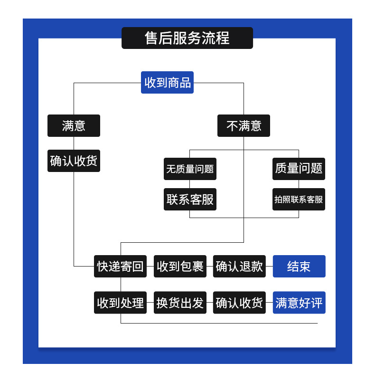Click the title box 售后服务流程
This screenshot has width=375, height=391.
coord(187,38)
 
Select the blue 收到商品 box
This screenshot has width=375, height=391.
coord(167,83)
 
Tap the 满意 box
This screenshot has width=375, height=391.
coord(74,126)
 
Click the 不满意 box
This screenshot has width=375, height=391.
coord(244,126)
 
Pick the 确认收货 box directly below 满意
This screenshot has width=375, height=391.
coord(74,161)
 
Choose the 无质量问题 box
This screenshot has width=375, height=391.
coord(190,169)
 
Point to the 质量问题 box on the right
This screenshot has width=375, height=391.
coord(299,169)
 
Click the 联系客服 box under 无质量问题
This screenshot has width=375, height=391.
coord(190,200)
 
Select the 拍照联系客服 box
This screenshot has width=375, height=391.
coord(299,200)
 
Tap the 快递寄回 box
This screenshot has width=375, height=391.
coord(120,266)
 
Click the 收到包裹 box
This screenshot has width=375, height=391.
coord(180,266)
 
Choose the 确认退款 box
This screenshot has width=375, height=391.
coord(239,266)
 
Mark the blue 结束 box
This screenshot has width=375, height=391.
coord(299,266)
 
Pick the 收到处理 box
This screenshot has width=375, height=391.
coord(120,303)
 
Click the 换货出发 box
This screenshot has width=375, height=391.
coord(180,303)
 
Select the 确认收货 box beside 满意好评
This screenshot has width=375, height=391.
coord(239,303)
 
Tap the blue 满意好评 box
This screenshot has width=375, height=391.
coord(299,303)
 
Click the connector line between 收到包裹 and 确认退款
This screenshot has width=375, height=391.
coord(210,266)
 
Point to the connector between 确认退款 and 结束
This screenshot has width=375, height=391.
coord(269,266)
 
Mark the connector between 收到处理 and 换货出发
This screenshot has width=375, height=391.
coord(150,303)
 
